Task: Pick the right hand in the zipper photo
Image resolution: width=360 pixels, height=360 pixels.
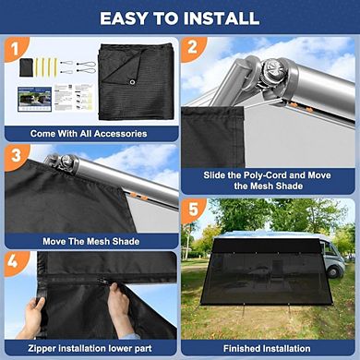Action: (x=119, y=303)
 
